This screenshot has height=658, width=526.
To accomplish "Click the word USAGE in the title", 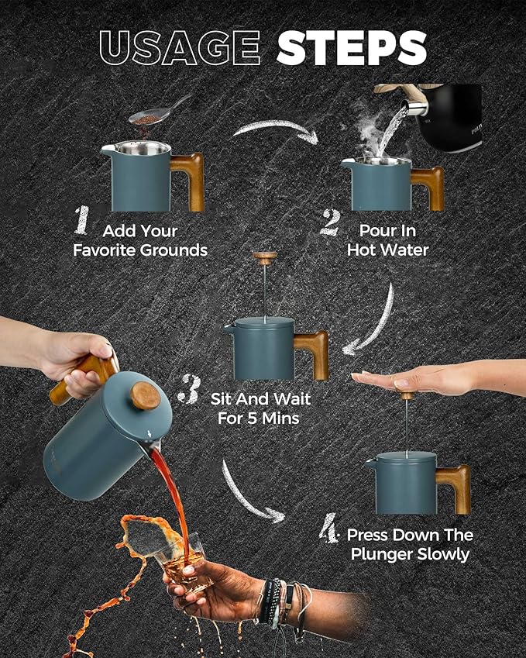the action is (180, 48).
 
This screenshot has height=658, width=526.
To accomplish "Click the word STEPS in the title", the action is (352, 48).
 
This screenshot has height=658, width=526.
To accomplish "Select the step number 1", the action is (82, 220).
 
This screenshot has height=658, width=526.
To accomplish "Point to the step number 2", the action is (331, 223).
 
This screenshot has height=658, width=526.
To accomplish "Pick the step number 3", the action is (189, 390).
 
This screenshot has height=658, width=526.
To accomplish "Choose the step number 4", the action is (328, 528).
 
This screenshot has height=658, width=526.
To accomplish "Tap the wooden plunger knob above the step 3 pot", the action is (265, 257).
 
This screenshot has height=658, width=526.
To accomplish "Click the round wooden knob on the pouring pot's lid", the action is (145, 396).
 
